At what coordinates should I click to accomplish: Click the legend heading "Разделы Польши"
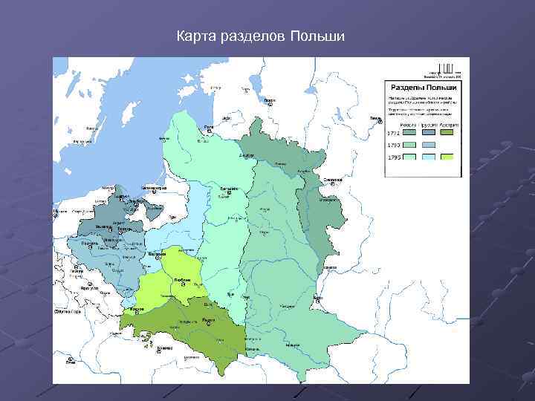point(423,87)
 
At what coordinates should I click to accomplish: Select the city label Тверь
point(374,117)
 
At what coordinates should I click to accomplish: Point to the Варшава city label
point(158,254)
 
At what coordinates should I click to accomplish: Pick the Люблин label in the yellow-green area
point(182,280)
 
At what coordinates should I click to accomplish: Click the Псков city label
point(270,99)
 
